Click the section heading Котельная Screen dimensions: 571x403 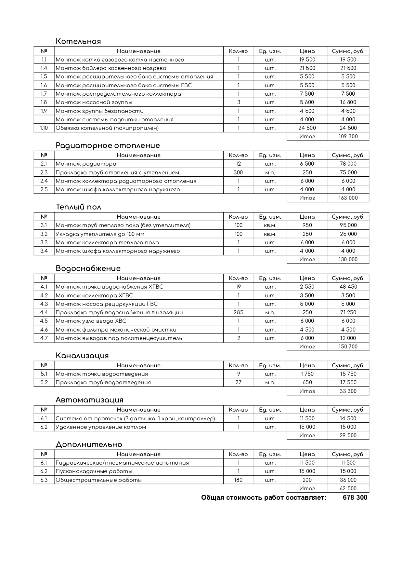(78, 41)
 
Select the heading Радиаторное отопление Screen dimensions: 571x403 (108, 145)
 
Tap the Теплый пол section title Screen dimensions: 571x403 (78, 207)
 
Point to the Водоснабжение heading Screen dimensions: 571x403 (88, 268)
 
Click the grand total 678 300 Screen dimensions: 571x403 (355, 497)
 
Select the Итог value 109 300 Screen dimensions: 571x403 (348, 136)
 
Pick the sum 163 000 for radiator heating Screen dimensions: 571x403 (348, 198)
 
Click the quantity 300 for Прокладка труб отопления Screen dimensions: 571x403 (238, 172)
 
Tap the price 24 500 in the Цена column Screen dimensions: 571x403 (307, 128)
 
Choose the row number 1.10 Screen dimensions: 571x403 (44, 128)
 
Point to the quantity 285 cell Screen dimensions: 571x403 (238, 312)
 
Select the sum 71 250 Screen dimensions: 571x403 (348, 312)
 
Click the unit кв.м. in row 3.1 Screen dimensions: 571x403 (270, 225)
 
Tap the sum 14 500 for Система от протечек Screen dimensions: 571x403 (348, 418)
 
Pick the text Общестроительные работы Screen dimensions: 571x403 (99, 480)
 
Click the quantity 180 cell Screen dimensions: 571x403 (238, 480)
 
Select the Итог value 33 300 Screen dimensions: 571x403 (348, 391)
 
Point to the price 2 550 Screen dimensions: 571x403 (307, 287)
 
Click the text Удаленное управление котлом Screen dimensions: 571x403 (101, 427)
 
